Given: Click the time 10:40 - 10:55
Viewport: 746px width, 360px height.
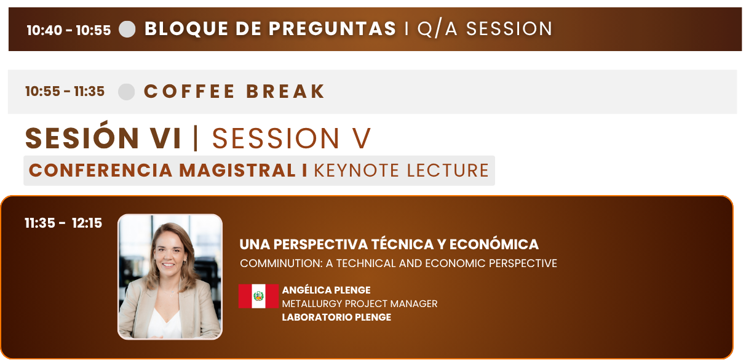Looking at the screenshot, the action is click(69, 30).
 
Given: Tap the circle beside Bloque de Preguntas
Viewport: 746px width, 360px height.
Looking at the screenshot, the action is click(127, 29).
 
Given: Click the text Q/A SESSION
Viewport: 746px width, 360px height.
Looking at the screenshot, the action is click(485, 29).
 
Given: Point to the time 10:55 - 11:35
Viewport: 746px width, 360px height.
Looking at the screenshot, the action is click(65, 91).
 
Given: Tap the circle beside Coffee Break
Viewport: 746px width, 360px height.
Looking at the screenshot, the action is click(127, 92).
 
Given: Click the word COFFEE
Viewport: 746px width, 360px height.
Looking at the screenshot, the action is click(189, 91).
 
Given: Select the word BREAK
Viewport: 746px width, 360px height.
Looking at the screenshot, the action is click(285, 91).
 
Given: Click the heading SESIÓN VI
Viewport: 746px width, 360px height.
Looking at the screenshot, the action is click(103, 137).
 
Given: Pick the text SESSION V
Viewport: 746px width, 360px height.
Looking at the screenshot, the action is click(292, 138).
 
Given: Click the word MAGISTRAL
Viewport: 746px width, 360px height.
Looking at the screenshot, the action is click(237, 170).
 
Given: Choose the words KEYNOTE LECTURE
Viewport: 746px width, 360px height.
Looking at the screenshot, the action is click(402, 170).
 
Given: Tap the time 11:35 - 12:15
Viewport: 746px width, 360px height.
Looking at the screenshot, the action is click(63, 223).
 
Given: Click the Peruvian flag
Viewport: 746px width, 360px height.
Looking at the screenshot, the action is click(258, 296).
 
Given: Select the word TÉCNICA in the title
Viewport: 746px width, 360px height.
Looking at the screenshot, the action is click(402, 244).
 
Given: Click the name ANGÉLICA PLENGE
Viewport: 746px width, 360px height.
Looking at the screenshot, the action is click(326, 290).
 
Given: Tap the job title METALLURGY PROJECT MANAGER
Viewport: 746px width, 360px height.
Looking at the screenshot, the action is click(360, 303).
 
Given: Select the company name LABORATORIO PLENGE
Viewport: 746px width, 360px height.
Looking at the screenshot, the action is click(336, 317).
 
